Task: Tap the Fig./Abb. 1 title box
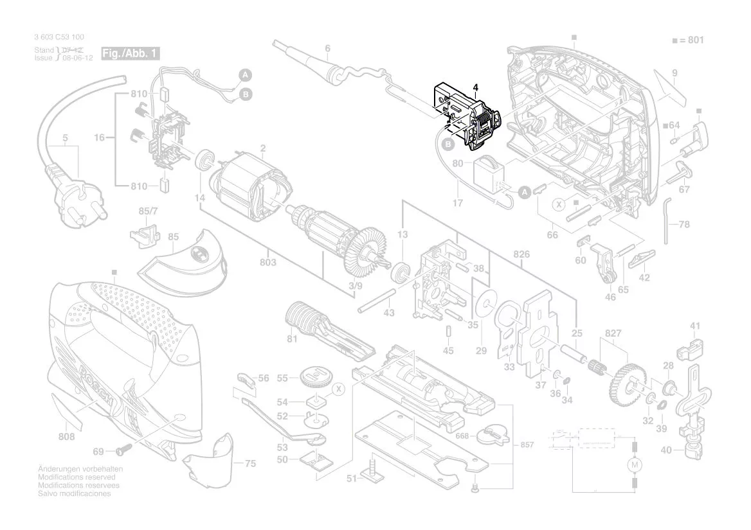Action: coord(131,53)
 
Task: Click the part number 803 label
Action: coord(268,262)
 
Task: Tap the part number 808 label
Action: coord(66,437)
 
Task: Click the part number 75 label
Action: coord(250,463)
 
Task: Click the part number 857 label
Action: coord(527,445)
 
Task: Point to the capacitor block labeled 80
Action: coord(488,173)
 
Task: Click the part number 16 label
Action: coord(99,137)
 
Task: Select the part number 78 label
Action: coord(684,224)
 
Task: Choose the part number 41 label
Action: coord(695,326)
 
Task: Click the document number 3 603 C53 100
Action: coord(59,37)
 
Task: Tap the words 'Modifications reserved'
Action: coord(77,477)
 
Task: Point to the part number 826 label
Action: coord(522,254)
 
